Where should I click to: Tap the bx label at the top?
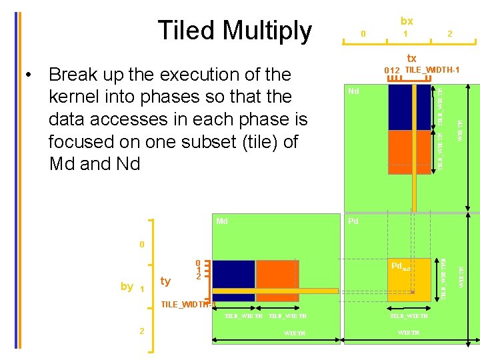tap(406, 21)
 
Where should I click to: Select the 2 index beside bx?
tap(450, 33)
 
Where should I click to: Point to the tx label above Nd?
tap(411, 59)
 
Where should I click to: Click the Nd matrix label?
tap(355, 91)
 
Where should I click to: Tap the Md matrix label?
tap(222, 221)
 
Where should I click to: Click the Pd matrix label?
tap(353, 221)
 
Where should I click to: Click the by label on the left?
tap(127, 287)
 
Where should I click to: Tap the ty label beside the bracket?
tap(165, 281)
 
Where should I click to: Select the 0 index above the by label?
tap(141, 245)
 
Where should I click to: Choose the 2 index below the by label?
tap(142, 331)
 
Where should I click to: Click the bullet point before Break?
tap(27, 74)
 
